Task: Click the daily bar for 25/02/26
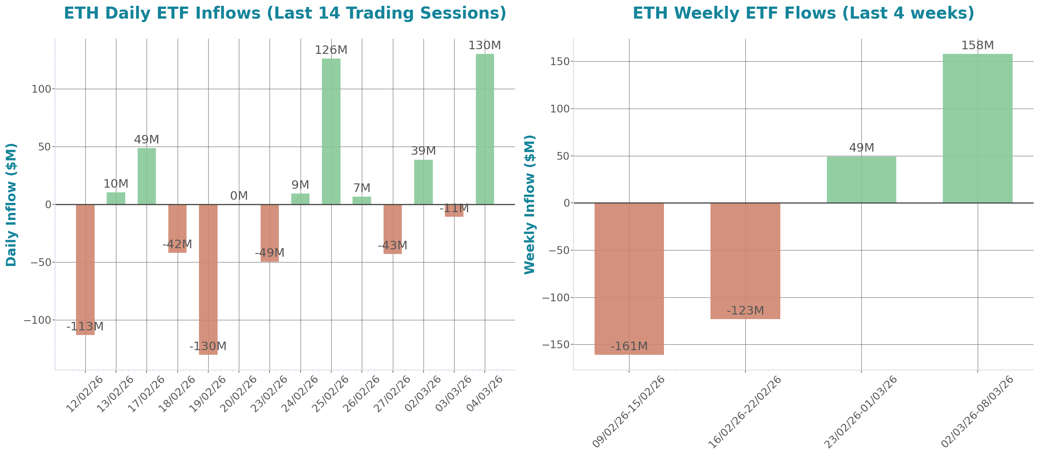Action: [x=331, y=131]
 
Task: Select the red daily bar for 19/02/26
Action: [x=208, y=280]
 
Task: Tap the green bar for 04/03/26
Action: [x=485, y=129]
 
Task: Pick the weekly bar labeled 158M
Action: [x=977, y=128]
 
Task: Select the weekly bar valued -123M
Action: [x=745, y=261]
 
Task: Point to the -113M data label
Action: [x=85, y=326]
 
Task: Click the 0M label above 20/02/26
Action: [x=239, y=196]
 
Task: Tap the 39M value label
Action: [x=423, y=151]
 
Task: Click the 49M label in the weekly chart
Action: [x=861, y=148]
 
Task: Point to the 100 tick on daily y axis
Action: [x=41, y=89]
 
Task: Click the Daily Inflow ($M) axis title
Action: [x=11, y=204]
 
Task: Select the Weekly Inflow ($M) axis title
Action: [x=529, y=204]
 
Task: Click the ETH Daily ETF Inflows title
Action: [x=285, y=13]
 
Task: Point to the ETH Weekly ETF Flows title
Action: [x=803, y=13]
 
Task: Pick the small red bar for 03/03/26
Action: [x=454, y=211]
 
